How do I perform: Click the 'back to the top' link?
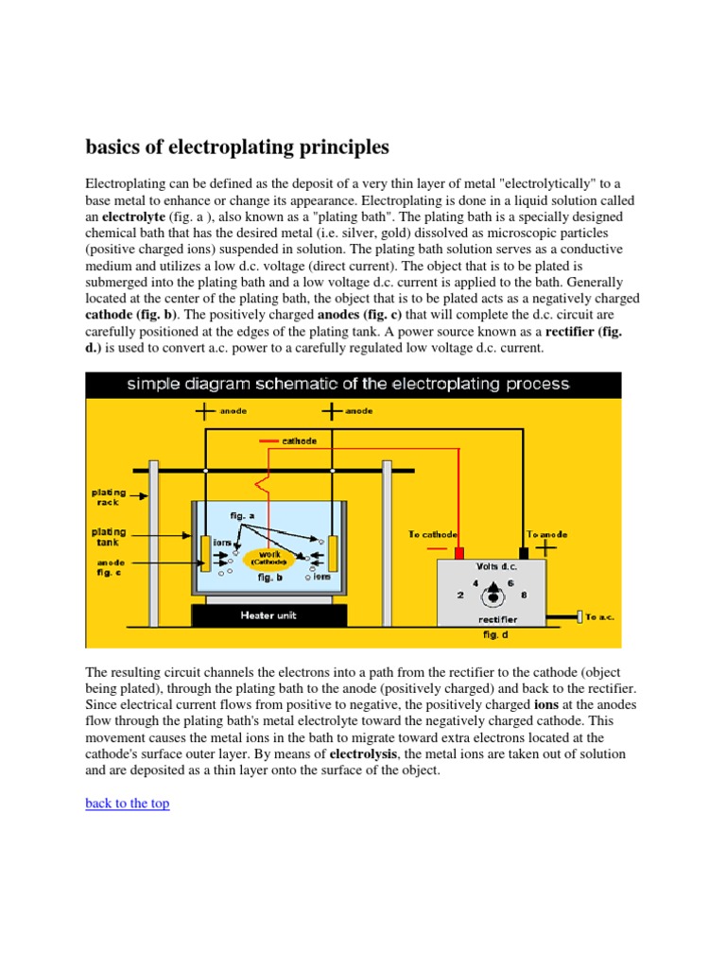127,804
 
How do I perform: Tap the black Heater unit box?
268,615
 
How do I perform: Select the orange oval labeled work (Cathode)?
268,559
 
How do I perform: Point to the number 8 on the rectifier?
522,596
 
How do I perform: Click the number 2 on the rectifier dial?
460,596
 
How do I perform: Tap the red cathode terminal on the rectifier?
460,552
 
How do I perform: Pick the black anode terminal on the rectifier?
523,552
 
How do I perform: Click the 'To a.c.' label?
599,617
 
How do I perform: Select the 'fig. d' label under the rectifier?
495,635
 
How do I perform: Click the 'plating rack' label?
105,497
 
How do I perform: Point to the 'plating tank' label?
108,536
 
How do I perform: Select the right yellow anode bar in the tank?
333,553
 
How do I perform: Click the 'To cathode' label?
427,534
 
